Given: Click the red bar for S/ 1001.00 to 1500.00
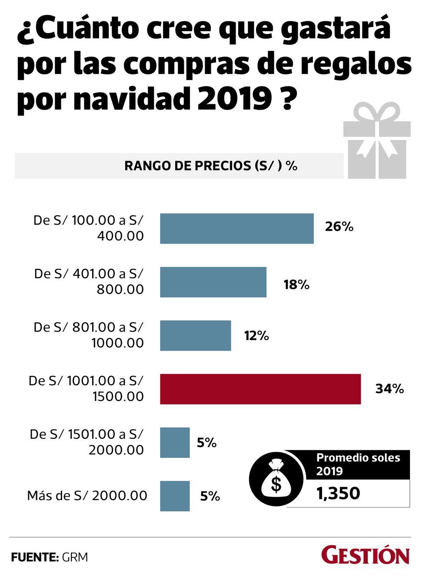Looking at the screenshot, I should point(260,389).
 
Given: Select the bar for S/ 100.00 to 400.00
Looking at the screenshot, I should point(236,229).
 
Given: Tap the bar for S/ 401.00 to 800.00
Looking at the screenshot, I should point(213,282).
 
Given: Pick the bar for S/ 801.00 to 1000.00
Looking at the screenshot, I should point(195,335).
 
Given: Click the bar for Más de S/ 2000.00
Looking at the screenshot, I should point(175,496).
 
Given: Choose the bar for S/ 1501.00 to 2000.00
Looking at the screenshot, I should point(175,442).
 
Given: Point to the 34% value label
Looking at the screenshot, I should point(389,389).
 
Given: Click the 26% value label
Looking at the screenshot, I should point(339,227).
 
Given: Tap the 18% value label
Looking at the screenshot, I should point(296,285).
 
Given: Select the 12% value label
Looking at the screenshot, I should point(256,335).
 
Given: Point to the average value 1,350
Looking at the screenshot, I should point(338,494).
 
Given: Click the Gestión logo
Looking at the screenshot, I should point(365,556).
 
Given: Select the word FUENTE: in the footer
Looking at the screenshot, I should point(35,557).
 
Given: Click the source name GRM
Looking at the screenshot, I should point(75,557).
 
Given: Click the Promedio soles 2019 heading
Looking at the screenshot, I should point(358,464).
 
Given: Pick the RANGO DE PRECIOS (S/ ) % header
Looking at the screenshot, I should point(211,166).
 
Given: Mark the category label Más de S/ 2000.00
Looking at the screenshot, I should point(87,495).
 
